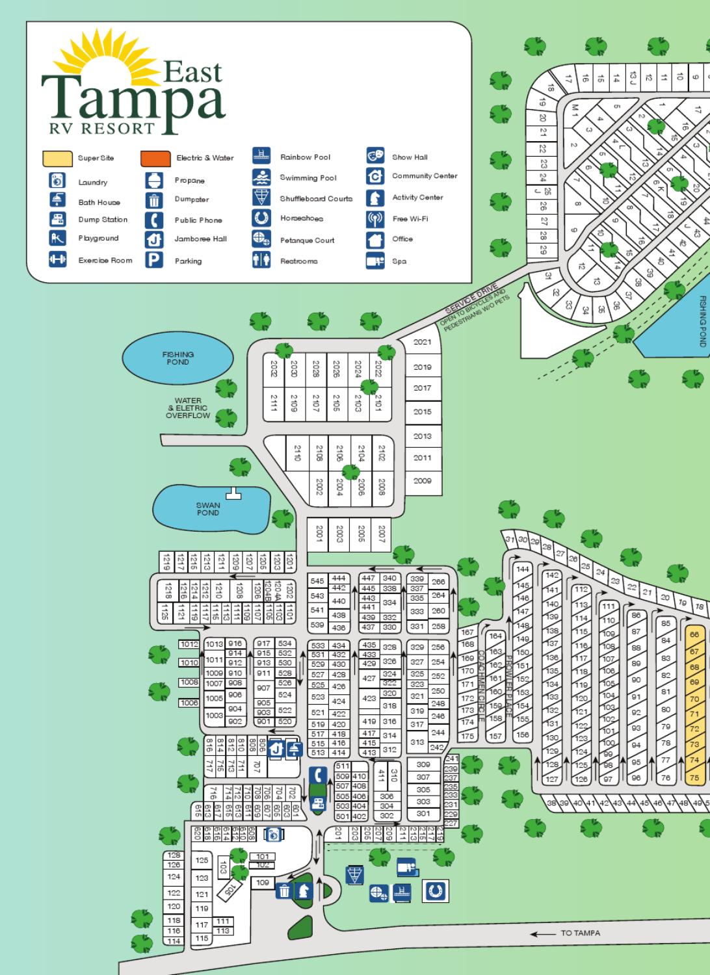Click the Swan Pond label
(208, 509)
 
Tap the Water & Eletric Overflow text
(188, 408)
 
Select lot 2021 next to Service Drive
(422, 342)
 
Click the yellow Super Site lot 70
(694, 699)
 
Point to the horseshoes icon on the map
(435, 890)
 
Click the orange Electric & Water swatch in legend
(155, 158)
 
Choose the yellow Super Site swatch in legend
(57, 158)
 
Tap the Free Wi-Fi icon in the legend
(375, 219)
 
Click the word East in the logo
(192, 71)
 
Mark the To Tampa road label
(580, 933)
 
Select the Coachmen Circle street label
(481, 686)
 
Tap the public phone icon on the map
(317, 775)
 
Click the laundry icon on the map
(273, 834)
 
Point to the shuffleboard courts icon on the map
(354, 874)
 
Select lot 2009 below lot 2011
(422, 481)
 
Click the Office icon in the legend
(375, 240)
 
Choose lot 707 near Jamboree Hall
(257, 767)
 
